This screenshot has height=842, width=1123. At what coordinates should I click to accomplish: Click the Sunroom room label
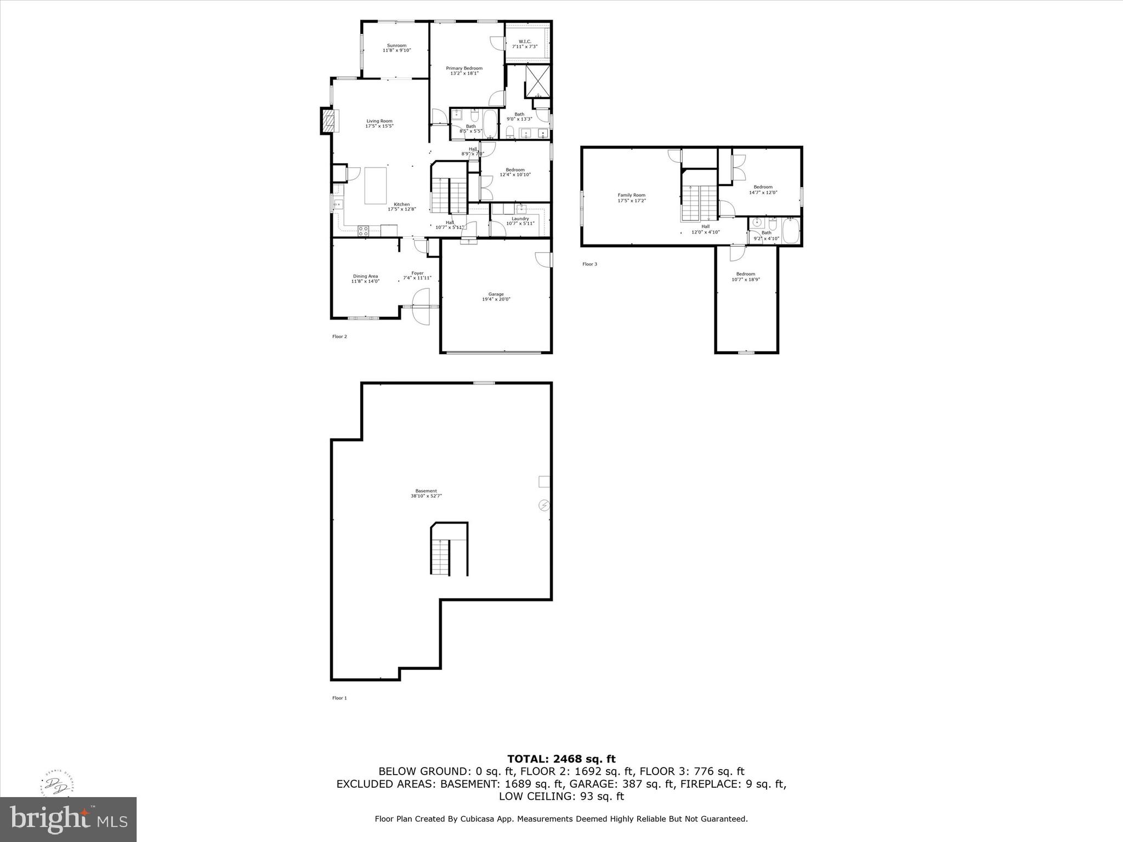coord(396,48)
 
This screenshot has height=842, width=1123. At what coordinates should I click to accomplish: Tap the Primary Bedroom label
coord(464,71)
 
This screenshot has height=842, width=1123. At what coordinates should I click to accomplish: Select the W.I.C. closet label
coord(524,44)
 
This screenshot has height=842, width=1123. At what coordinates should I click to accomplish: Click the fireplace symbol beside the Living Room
coord(328,121)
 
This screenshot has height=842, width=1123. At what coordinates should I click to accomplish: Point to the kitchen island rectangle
coord(376,186)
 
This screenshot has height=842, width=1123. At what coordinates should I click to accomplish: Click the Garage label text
coord(496,297)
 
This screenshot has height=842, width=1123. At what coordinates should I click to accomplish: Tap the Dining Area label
coord(365,278)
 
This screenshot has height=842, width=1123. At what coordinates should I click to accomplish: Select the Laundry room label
coord(519,221)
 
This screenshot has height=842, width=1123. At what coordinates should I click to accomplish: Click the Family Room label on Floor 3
coord(631,197)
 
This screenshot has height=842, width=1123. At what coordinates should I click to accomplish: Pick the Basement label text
coord(426,493)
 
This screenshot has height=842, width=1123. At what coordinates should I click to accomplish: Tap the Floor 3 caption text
coord(589,264)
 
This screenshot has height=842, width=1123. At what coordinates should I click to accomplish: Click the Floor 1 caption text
coord(339,698)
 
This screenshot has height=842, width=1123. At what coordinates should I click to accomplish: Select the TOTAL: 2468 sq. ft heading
coord(561,759)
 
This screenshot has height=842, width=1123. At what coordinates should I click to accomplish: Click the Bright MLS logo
coord(69,820)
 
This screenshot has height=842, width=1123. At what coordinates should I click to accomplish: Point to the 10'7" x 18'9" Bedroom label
coord(745,277)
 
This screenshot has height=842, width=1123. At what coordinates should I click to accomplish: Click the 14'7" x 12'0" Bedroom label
coord(763,190)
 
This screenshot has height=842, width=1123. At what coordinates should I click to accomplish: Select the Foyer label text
coord(417,275)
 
